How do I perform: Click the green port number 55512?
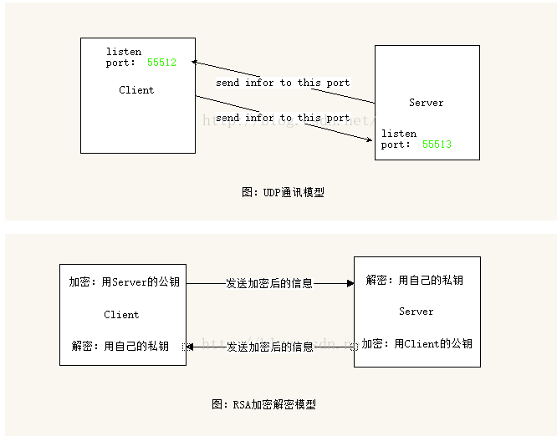coord(161,63)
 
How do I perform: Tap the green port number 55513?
coord(437,144)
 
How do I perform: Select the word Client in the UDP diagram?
coord(136,90)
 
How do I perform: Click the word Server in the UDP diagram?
coord(426,103)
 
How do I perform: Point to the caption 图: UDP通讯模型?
coord(283,192)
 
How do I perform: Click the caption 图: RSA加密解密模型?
coord(264,404)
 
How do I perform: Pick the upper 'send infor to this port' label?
coord(283,83)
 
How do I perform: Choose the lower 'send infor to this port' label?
coord(283,118)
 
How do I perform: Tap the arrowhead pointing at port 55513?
coord(370,139)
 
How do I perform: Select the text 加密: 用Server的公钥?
coord(124,282)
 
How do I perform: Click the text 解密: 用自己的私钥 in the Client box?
coord(120,346)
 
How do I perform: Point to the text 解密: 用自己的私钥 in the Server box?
coord(414,280)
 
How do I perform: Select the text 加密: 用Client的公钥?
coord(416,343)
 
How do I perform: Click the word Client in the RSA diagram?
coord(121,315)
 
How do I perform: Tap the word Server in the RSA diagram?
coord(416,312)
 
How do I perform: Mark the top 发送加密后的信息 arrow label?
coord(269,283)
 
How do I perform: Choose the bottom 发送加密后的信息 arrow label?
coord(269,347)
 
